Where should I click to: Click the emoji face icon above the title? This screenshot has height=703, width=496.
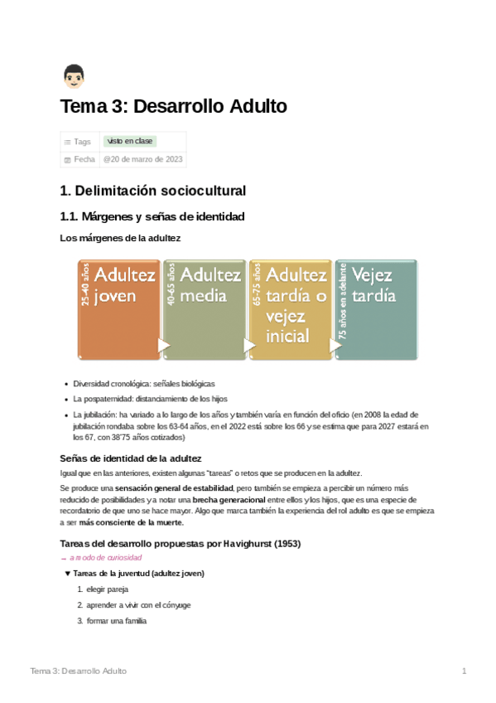coord(73,77)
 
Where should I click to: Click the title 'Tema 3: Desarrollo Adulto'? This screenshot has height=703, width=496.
coord(173,107)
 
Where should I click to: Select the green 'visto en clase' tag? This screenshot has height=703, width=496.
coord(130,142)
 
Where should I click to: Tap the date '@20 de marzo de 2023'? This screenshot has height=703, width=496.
coord(143,159)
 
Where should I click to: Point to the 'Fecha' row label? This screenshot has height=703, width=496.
coord(84,159)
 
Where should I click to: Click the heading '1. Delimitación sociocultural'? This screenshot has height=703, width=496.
coord(153,191)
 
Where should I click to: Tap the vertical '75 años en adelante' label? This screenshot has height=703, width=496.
coord(342,301)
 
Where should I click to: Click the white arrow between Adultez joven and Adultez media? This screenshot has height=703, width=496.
coord(164,345)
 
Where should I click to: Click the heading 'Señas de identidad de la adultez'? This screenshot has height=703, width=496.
coord(131,458)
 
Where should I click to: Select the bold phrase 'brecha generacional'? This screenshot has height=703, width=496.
coord(229,500)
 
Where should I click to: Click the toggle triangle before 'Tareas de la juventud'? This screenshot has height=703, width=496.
coord(68,574)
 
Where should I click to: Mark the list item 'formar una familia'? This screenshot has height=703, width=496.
coord(117,620)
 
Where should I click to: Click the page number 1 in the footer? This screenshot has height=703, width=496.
coord(465,671)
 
